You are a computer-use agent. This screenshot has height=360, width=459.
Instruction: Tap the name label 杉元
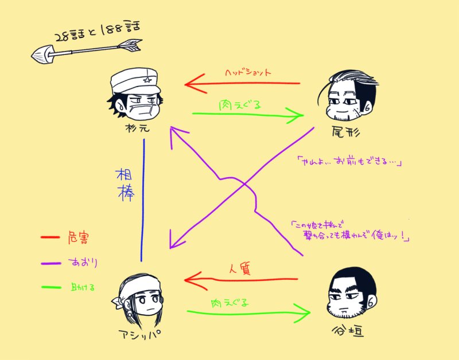pos(137,127)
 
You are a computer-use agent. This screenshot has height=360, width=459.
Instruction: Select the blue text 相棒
pos(126,184)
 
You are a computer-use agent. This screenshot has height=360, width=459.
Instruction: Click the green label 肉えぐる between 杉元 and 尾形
pos(241,105)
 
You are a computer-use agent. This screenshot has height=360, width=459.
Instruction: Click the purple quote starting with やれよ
pos(349,162)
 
